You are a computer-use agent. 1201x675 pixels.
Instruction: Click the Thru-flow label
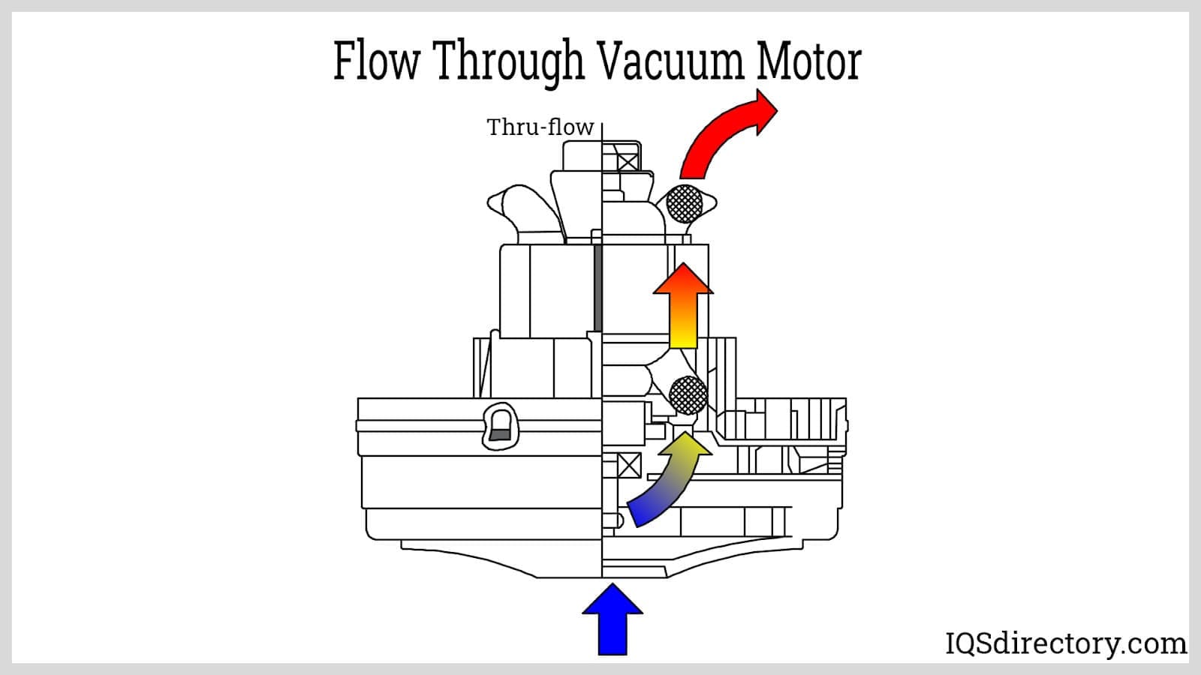tap(540, 127)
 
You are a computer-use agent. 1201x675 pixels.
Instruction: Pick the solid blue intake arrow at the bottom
tap(613, 619)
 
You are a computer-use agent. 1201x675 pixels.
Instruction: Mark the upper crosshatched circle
tap(685, 202)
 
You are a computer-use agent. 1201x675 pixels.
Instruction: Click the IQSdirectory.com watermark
tap(1065, 643)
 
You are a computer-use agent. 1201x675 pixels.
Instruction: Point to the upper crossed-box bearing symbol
tap(628, 160)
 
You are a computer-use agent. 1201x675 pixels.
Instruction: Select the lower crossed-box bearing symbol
tap(629, 466)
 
